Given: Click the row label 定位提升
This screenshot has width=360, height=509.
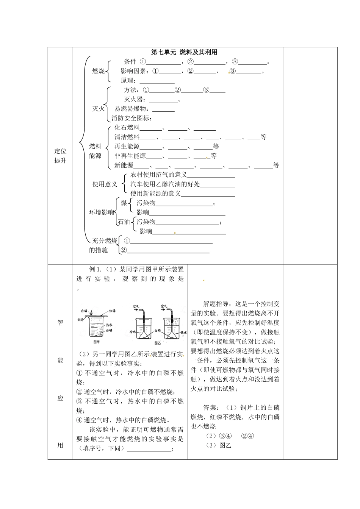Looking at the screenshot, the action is click(x=60, y=155).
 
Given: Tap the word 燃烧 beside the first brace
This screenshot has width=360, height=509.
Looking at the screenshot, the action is click(x=99, y=71).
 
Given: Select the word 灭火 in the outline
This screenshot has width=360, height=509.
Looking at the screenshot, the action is click(x=99, y=109).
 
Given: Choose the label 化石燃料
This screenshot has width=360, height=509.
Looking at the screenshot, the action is click(x=127, y=128).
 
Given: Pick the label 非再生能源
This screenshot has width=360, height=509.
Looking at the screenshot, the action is click(x=130, y=156).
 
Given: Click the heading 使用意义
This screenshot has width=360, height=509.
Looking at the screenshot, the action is click(x=105, y=184).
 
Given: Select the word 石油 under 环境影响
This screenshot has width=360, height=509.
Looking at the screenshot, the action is click(x=124, y=222).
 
